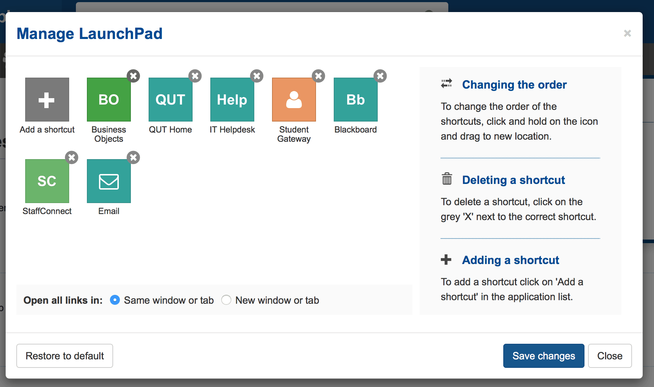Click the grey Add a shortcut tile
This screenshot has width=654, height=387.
47,100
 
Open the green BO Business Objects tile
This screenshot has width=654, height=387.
109,100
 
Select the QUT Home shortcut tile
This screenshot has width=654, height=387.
170,100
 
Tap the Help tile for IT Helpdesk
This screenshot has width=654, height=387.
232,100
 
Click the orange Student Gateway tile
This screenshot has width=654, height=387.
294,100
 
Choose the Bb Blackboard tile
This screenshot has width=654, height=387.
355,100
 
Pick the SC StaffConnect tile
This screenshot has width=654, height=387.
47,181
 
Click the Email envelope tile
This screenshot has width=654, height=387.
109,181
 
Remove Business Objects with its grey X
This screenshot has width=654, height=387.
133,76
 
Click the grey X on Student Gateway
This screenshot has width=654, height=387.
318,76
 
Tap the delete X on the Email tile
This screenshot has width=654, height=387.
133,157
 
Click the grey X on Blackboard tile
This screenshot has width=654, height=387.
380,76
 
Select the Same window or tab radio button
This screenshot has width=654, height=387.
115,300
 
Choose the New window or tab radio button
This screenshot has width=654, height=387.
226,300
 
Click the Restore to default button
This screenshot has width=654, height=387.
65,356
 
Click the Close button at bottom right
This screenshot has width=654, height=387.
610,356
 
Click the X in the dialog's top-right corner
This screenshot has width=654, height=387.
627,33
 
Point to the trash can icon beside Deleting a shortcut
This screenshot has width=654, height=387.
447,179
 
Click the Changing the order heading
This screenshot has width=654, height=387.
514,85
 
